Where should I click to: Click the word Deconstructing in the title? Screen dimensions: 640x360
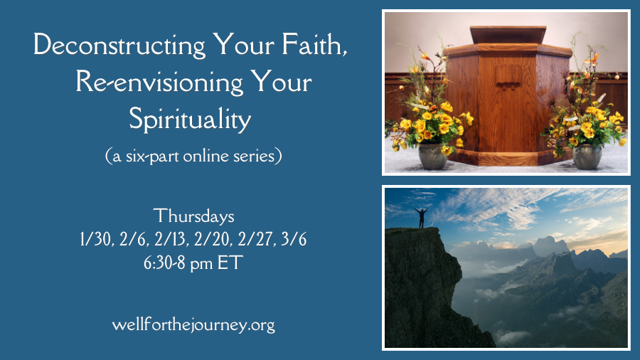point(119,46)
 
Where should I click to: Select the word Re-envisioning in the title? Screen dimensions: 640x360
point(159,83)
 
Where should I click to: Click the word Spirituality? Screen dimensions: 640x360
point(190,120)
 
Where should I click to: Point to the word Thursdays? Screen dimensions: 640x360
point(194,216)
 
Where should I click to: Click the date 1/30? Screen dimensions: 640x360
point(96,240)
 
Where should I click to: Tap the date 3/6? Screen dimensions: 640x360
point(294,240)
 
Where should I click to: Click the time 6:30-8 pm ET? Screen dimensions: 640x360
point(193,263)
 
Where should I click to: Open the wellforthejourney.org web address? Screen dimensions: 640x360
point(193,326)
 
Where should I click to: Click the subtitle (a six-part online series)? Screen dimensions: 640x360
point(193,157)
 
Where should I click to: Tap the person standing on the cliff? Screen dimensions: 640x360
point(421,218)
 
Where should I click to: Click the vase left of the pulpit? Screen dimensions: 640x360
point(432,156)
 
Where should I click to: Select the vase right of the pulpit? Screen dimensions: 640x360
point(587,157)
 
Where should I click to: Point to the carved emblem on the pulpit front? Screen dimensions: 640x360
point(508,76)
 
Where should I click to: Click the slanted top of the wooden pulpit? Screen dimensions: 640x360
point(508,35)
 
